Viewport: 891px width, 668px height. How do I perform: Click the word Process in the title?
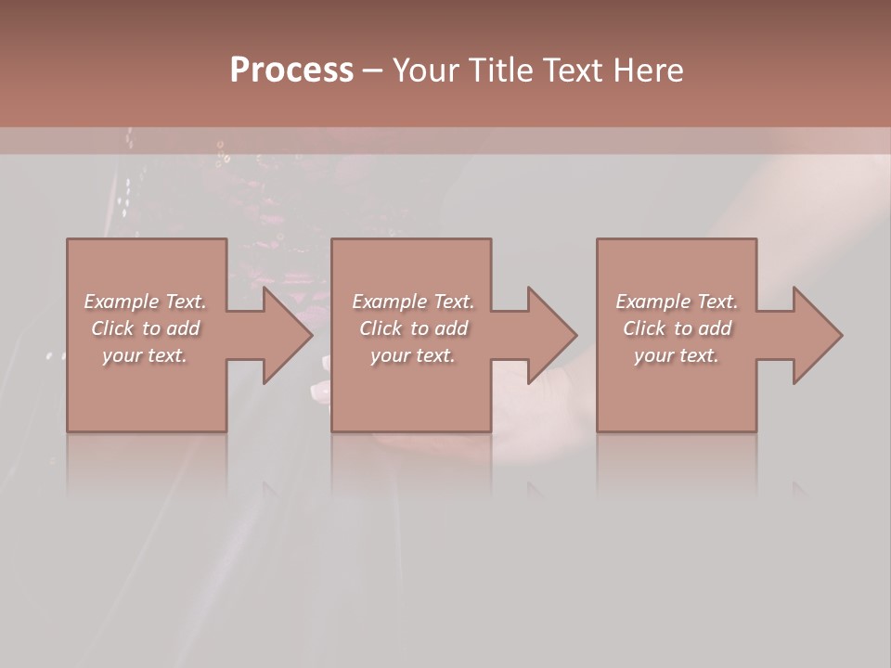(291, 71)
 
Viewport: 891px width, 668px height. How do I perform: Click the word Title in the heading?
(497, 71)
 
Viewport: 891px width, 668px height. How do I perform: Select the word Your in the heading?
(423, 71)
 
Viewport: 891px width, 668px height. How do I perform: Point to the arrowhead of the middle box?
(550, 335)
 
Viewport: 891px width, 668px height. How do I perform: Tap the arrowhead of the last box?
(816, 335)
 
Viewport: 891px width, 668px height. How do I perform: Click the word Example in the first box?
(122, 302)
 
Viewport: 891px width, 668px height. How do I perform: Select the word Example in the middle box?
(390, 302)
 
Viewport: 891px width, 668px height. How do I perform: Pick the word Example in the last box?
(653, 302)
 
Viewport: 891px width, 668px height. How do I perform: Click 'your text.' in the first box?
(145, 355)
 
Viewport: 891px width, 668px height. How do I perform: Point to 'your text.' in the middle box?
(412, 355)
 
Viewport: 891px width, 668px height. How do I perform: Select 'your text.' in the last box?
(677, 355)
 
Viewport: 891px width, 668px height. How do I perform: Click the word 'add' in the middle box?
(451, 328)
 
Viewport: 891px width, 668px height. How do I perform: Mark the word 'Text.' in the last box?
(717, 302)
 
